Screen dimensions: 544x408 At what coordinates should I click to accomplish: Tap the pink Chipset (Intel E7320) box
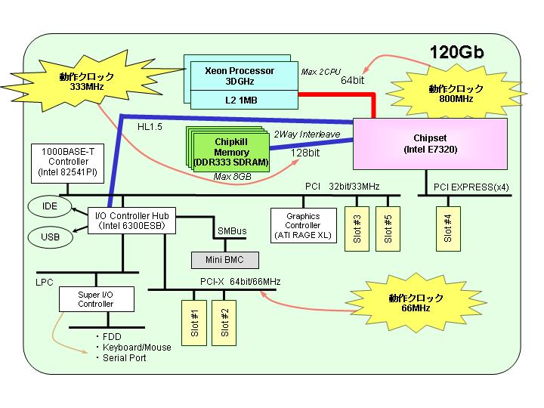pyautogui.click(x=430, y=144)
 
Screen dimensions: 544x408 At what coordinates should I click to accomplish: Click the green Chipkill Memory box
pyautogui.click(x=231, y=153)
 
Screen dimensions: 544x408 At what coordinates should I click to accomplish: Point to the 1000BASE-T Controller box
pyautogui.click(x=68, y=163)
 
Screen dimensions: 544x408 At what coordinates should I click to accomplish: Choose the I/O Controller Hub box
pyautogui.click(x=131, y=221)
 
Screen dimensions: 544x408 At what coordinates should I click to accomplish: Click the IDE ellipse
pyautogui.click(x=50, y=206)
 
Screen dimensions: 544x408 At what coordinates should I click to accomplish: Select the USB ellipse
pyautogui.click(x=51, y=237)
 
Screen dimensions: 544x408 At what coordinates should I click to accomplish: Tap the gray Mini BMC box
pyautogui.click(x=225, y=260)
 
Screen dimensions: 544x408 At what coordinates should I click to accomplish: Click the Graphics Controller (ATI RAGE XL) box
pyautogui.click(x=303, y=225)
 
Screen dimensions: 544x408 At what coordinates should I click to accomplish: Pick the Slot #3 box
pyautogui.click(x=357, y=229)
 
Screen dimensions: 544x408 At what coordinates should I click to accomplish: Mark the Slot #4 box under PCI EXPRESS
pyautogui.click(x=448, y=229)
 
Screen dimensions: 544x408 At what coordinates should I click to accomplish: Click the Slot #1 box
pyautogui.click(x=194, y=323)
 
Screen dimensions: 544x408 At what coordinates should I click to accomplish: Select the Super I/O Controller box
pyautogui.click(x=97, y=299)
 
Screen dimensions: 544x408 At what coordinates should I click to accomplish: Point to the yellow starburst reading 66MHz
pyautogui.click(x=416, y=302)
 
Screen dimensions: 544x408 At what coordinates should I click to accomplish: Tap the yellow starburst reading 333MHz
pyautogui.click(x=87, y=81)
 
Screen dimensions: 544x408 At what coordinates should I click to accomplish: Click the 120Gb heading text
pyautogui.click(x=456, y=52)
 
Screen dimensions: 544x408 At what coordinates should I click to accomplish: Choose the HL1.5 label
pyautogui.click(x=150, y=127)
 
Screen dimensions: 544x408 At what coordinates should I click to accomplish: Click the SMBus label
pyautogui.click(x=232, y=231)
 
